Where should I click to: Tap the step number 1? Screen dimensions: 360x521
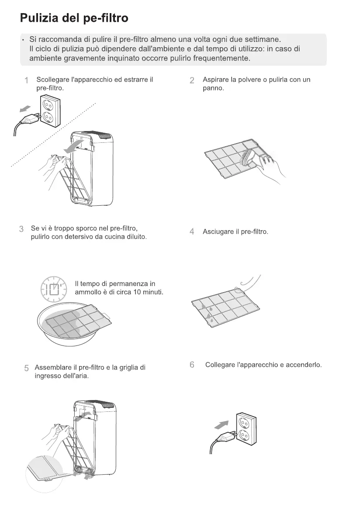pos(27,80)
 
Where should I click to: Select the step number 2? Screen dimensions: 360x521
pos(192,80)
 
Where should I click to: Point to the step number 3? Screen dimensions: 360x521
pos(21,229)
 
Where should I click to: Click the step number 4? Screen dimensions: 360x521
pos(192,231)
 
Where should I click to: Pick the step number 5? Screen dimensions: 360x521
pos(27,368)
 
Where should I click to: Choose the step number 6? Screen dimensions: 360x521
pos(192,365)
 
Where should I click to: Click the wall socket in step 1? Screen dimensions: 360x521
pos(51,112)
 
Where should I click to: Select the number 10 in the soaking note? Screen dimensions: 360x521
pos(135,292)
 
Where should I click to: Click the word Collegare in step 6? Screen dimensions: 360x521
pos(220,365)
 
